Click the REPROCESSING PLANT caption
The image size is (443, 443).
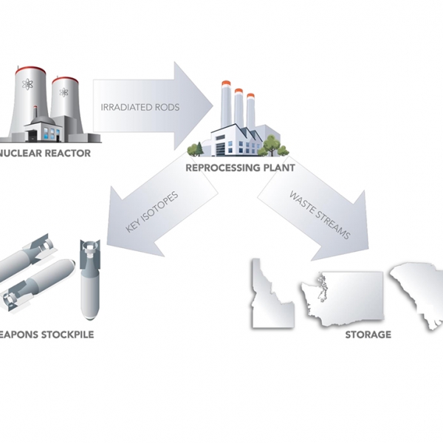[241, 168]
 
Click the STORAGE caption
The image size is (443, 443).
[368, 335]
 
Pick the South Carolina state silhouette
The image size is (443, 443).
[417, 292]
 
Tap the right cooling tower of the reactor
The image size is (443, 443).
[65, 100]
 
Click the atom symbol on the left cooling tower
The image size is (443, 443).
[28, 83]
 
